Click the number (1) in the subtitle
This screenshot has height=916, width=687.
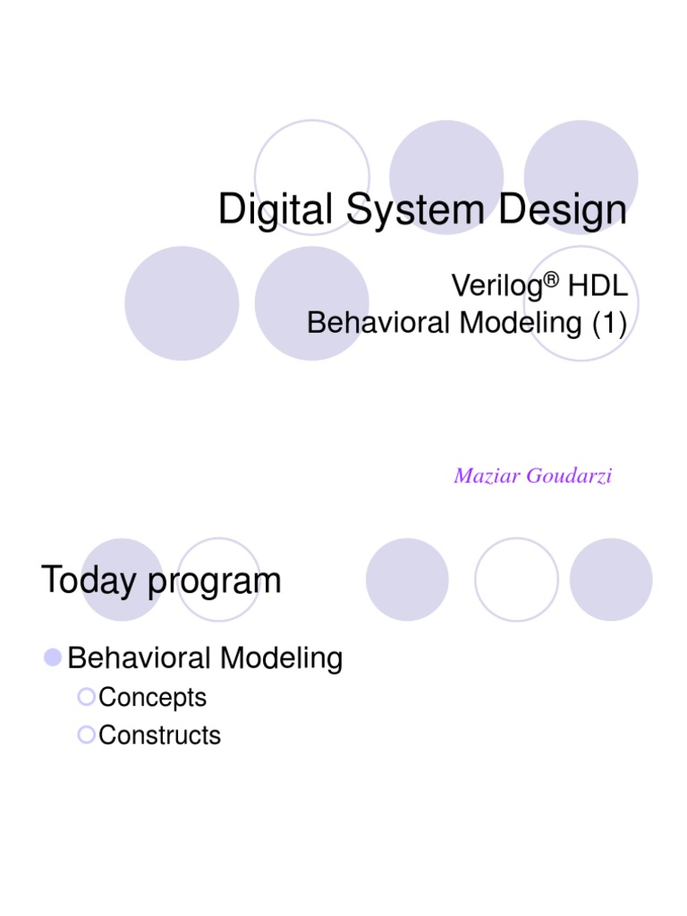(x=607, y=323)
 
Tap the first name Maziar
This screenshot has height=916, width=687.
(x=488, y=476)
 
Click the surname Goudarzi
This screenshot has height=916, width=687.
(x=569, y=476)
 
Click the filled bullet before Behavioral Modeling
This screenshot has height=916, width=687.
(x=53, y=658)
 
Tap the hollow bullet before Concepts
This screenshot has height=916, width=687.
(x=86, y=697)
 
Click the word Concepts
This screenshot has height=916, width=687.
(x=153, y=698)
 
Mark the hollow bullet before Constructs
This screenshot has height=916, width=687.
(x=86, y=734)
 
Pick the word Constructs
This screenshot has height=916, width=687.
(x=160, y=735)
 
